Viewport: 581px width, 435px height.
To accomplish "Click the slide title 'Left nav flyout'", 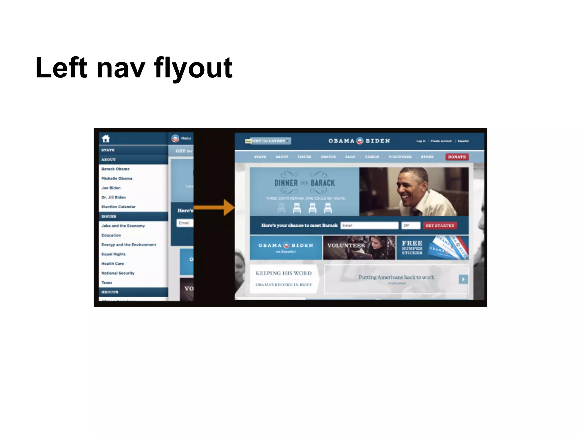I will point(134,68).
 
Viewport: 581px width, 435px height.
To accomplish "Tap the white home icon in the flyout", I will point(106,138).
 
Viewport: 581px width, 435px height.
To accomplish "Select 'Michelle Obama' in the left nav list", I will point(117,178).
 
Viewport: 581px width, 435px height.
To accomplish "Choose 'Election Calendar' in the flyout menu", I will point(118,207).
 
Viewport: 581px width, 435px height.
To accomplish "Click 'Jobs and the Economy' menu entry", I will point(123,226).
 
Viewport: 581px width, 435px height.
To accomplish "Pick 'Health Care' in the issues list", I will point(113,264).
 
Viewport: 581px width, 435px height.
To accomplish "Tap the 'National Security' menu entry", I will point(118,273).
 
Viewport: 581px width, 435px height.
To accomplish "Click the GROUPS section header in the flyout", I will point(110,292).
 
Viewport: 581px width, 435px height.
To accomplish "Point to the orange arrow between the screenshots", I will point(214,208).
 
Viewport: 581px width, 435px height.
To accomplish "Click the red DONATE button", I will point(457,157).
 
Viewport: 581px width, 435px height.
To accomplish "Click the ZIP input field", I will point(411,225).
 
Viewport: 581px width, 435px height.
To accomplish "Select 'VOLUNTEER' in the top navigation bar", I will point(400,157).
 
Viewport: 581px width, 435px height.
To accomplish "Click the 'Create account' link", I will point(441,141).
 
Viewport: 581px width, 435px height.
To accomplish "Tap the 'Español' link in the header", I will point(463,141).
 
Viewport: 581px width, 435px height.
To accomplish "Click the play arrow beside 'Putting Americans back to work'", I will point(463,279).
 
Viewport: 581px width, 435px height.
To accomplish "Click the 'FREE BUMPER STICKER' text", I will point(412,248).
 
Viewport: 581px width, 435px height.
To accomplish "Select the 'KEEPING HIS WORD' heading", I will point(283,273).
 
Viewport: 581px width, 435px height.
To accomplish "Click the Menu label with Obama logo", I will point(181,138).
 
